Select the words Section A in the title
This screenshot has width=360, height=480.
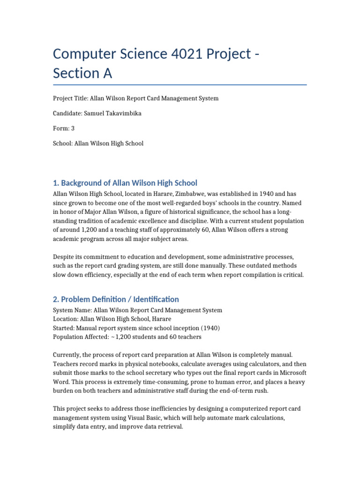coord(83,74)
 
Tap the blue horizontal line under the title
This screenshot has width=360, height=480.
coord(180,85)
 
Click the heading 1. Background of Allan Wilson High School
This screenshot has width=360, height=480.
coord(125,183)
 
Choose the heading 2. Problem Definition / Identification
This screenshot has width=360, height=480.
coord(116,299)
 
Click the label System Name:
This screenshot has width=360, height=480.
coord(73,310)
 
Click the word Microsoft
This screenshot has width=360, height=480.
coord(292,373)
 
